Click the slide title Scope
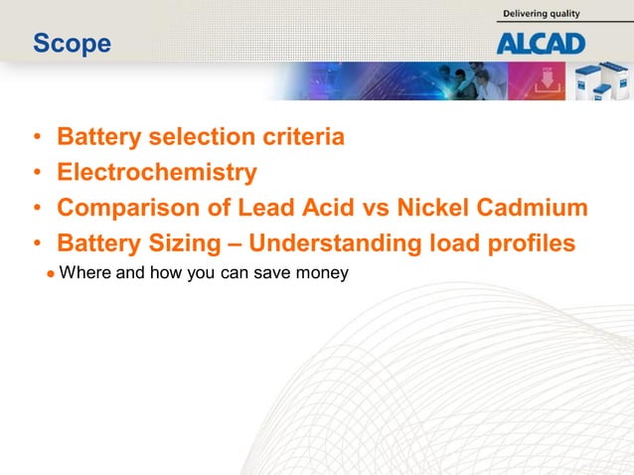72,44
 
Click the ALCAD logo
541,43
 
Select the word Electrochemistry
157,173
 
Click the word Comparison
121,209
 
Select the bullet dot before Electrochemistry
37,174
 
